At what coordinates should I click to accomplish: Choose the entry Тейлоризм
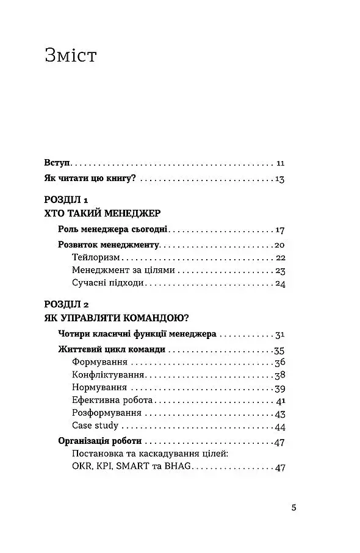pos(94,257)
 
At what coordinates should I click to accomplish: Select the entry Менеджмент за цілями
pos(123,270)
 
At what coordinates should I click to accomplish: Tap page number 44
pos(280,426)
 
